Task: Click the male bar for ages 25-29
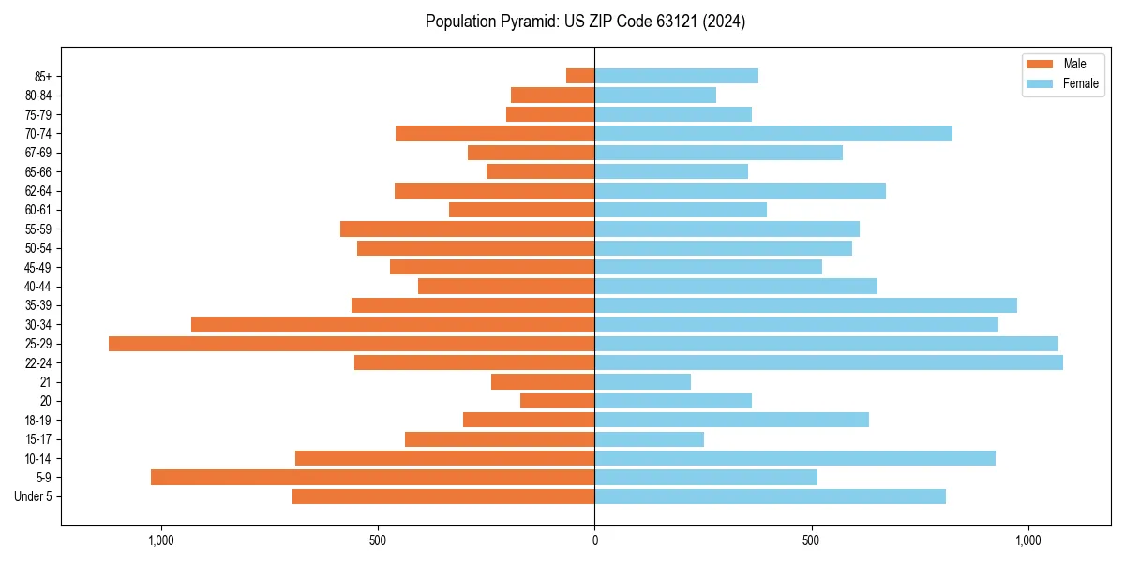352,344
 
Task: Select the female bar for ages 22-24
829,362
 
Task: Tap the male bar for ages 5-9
372,477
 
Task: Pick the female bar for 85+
676,76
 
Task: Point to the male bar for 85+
580,76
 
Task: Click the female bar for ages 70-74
773,133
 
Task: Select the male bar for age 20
557,401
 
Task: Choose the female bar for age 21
642,382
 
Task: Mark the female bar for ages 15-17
649,439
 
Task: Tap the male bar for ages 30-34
393,324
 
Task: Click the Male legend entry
1062,64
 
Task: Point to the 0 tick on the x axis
594,540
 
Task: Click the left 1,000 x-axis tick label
161,540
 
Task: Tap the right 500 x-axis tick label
812,540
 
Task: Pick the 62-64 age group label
38,191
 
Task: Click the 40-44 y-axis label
38,287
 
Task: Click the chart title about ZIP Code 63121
585,22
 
